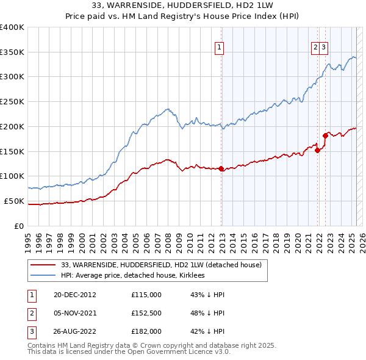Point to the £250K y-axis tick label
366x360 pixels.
click(12, 102)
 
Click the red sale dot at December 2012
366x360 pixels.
click(221, 169)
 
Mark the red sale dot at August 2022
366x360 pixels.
click(325, 135)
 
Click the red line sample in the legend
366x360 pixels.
click(43, 265)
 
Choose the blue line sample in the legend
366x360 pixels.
click(43, 275)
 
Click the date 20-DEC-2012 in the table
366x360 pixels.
click(75, 295)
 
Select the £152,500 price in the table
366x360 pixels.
click(146, 313)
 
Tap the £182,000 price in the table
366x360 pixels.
click(146, 331)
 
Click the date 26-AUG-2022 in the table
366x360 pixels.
click(76, 331)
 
